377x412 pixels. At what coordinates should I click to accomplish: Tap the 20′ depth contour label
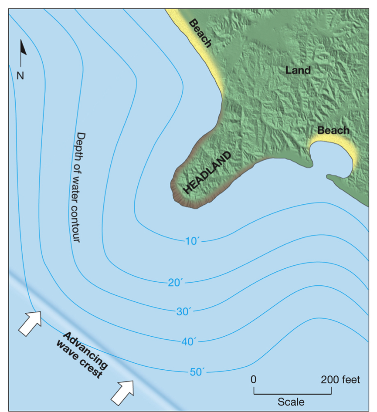coord(177,283)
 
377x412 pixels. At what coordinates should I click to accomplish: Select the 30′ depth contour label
coord(184,311)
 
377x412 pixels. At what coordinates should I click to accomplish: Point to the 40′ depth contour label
coord(189,342)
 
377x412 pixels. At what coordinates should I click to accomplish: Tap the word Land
coord(298,70)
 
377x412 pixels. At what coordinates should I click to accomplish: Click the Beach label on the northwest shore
coord(200,33)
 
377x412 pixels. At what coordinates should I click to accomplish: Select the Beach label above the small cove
coord(333,130)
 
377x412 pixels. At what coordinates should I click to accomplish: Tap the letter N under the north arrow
coord(20,75)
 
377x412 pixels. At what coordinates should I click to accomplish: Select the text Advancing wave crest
coord(82,355)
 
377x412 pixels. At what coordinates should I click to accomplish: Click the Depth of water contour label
coord(80,188)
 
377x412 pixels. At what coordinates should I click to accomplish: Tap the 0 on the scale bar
coord(254,379)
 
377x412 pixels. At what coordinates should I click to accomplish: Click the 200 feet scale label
coord(340,380)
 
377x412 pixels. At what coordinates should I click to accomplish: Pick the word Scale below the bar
coord(291,401)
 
